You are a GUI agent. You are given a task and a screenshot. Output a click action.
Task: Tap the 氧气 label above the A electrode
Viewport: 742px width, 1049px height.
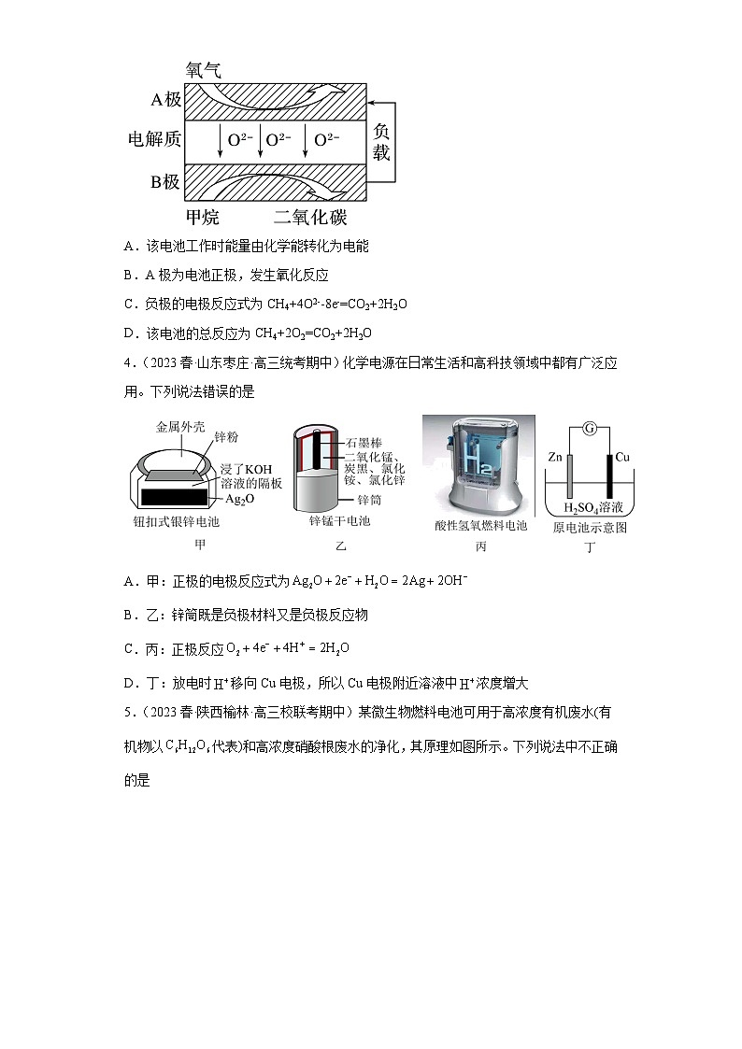pos(203,70)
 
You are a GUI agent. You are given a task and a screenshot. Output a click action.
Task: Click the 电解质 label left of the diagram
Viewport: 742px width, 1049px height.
pos(154,140)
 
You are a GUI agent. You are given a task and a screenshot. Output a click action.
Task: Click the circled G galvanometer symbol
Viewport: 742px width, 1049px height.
pos(589,429)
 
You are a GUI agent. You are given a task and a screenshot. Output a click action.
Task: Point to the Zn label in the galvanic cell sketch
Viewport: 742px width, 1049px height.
pos(554,459)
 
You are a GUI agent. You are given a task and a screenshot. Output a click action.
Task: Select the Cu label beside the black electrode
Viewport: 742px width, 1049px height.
pos(624,459)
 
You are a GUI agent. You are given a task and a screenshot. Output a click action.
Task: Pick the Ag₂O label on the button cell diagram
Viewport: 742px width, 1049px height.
pos(239,500)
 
